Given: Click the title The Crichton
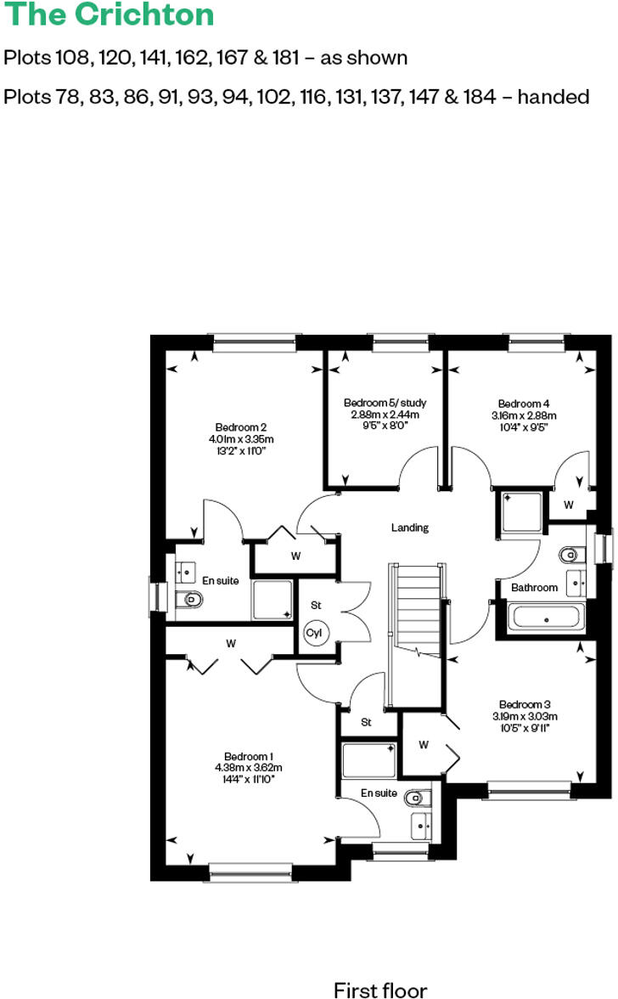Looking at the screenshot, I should pyautogui.click(x=110, y=14).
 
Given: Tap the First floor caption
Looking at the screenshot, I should pyautogui.click(x=380, y=989).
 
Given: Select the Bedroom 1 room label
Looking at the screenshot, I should pyautogui.click(x=248, y=757).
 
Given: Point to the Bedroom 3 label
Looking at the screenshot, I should pyautogui.click(x=525, y=704).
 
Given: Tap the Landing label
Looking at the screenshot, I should pyautogui.click(x=409, y=528).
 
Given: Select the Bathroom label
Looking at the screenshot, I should pyautogui.click(x=534, y=587).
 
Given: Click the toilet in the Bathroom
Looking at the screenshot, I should pyautogui.click(x=570, y=556).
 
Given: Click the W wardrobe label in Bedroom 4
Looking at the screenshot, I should pyautogui.click(x=569, y=505).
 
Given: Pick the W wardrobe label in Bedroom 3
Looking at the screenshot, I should pyautogui.click(x=422, y=745).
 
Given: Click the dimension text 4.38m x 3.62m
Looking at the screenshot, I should pyautogui.click(x=248, y=768).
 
